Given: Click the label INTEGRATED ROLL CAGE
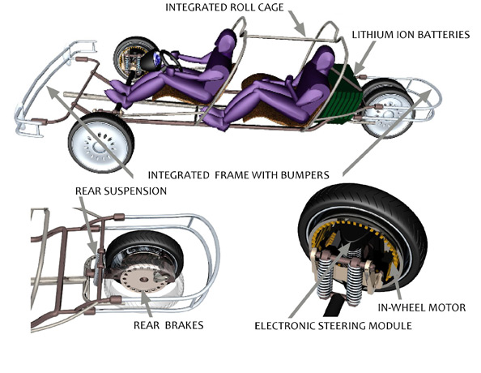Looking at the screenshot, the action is [224, 7].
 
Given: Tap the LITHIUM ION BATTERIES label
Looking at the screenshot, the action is [411, 35].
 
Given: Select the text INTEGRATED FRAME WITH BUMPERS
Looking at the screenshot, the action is [238, 175].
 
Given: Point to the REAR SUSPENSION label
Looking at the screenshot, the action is [121, 191].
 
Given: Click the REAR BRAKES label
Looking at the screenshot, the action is [168, 325].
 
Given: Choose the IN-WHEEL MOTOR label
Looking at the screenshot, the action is [422, 307].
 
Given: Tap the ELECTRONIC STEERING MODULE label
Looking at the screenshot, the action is [333, 326].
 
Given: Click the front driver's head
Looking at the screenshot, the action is [226, 40].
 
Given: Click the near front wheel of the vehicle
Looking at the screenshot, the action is [101, 143].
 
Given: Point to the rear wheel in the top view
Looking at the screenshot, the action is [387, 109].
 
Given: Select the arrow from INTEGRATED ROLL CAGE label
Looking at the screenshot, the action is [297, 24].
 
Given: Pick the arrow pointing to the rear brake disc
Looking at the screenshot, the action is [146, 304].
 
